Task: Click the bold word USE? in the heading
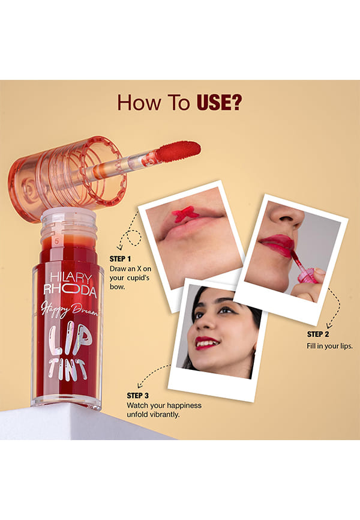click(219, 103)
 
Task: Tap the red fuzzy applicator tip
click(178, 151)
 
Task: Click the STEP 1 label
click(120, 259)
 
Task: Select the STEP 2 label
click(318, 334)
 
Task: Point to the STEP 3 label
click(137, 396)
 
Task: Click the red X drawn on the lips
click(185, 214)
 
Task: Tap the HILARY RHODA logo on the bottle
click(70, 284)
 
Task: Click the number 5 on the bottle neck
click(56, 241)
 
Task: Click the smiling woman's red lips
click(206, 343)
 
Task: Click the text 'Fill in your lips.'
click(329, 346)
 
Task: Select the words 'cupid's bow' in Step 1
click(130, 282)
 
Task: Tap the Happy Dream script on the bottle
click(69, 309)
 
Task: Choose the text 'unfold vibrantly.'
click(153, 415)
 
